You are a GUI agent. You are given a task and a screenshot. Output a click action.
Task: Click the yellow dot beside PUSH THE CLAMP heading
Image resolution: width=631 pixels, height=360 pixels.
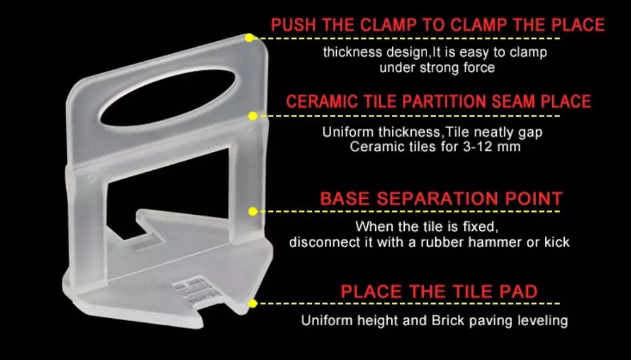point(250,38)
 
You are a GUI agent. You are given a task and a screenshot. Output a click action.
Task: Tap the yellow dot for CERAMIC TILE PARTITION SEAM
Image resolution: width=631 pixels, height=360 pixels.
point(253,116)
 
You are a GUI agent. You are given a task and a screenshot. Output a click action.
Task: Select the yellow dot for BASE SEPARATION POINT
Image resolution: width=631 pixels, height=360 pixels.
point(253,211)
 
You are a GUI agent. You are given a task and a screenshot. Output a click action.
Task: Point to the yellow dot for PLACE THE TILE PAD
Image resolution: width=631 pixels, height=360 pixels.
point(253,303)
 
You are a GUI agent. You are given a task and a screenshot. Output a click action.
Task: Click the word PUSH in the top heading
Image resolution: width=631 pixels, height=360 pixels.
point(294,25)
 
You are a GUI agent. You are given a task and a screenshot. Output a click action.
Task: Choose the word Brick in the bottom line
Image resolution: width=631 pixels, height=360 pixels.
point(448,321)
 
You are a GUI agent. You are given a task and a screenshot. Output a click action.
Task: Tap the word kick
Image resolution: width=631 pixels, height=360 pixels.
point(557,242)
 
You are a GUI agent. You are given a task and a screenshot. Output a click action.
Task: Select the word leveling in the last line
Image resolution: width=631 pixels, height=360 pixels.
point(542,321)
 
